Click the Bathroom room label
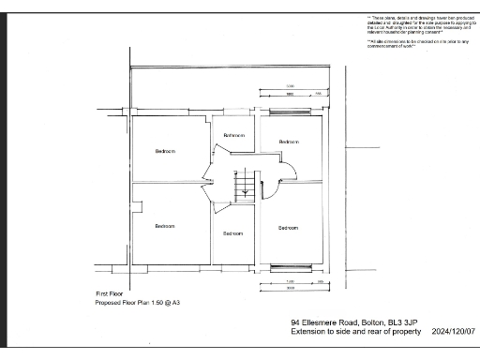[233, 136]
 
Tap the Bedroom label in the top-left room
[165, 151]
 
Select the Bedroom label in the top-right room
[289, 142]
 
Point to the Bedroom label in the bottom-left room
[165, 226]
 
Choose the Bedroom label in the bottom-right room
[288, 228]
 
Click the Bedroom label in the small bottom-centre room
[232, 233]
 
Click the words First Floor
[110, 294]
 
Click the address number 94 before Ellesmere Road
[295, 322]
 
